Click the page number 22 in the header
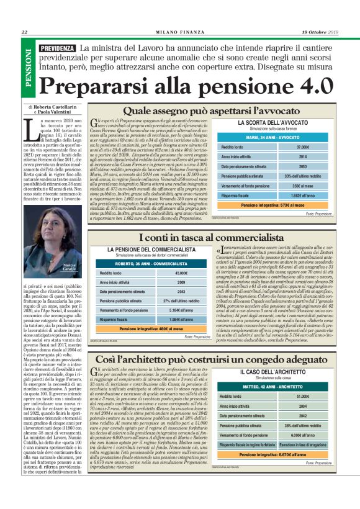(24, 32)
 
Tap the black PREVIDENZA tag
(57, 48)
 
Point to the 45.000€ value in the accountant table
(181, 273)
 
